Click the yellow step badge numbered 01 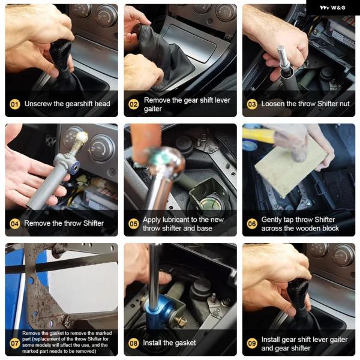point(14,104)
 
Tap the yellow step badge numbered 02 point(133,104)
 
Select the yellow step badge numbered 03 point(252,104)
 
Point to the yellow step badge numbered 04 point(14,224)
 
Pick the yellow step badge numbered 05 point(133,224)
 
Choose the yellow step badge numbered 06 point(252,224)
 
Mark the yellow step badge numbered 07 point(14,343)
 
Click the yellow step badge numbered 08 point(133,343)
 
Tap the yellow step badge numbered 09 point(252,343)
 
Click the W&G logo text point(332,8)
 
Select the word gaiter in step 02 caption point(153,109)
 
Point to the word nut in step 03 point(344,104)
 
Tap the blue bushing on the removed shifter point(76,166)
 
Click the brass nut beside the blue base point(181,320)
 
